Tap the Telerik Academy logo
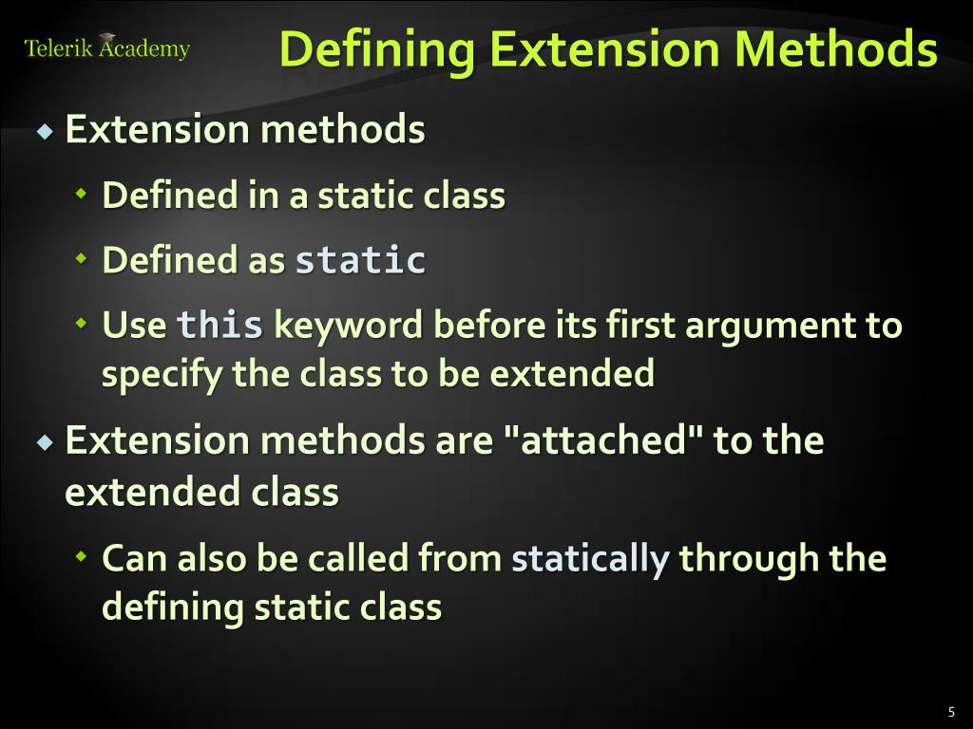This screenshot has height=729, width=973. (106, 48)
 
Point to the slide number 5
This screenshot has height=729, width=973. (950, 713)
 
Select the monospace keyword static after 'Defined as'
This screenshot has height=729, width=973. (360, 260)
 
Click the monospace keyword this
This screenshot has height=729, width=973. (220, 326)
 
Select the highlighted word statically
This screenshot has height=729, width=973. (590, 558)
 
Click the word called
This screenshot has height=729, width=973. (358, 558)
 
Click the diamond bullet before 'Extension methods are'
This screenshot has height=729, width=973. (46, 441)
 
